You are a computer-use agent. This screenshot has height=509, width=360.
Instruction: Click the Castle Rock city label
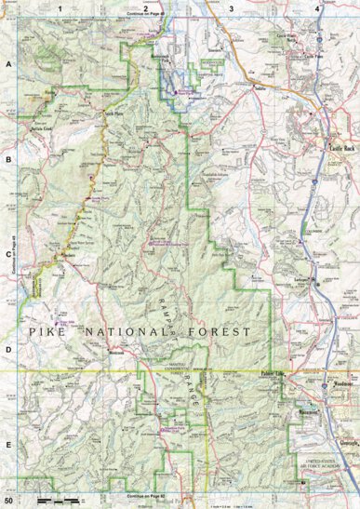tap(337, 148)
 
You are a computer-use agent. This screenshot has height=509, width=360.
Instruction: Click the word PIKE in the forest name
tap(47, 332)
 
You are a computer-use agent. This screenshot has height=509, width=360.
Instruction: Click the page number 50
tap(8, 502)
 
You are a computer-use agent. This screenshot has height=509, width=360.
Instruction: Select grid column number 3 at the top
tap(231, 8)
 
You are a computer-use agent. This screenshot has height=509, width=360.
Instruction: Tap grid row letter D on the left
tap(8, 350)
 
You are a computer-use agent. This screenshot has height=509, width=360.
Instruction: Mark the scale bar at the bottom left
tap(60, 501)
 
